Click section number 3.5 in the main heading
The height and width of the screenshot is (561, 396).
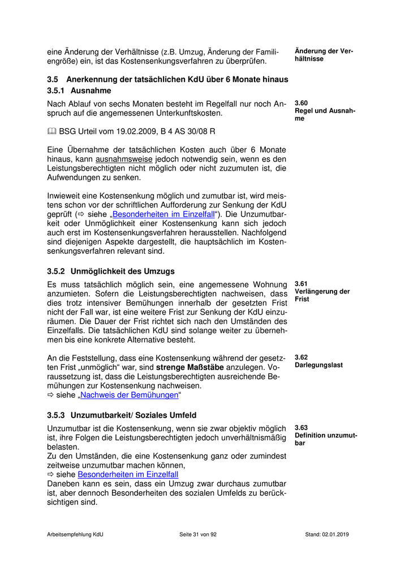coord(53,79)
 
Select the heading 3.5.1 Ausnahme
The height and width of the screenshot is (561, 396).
coord(79,91)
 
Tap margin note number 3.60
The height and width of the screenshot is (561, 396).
coord(302,103)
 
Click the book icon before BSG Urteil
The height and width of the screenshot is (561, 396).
coord(51,131)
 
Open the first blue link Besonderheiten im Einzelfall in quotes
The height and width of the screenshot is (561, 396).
coord(162,214)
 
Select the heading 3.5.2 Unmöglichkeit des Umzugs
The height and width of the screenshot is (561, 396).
coord(111,271)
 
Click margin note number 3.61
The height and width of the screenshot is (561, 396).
coord(302,283)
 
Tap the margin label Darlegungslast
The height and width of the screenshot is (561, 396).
coord(318,365)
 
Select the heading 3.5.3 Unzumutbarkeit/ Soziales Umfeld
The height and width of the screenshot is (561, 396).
coord(122,415)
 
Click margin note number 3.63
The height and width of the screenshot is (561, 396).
coord(302,428)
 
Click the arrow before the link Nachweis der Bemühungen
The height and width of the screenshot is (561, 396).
coord(50,395)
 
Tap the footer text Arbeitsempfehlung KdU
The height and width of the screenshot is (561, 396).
coord(75,534)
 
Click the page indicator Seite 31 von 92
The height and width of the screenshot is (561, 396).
coord(198,534)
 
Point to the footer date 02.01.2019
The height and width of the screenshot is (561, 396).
coord(336,534)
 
